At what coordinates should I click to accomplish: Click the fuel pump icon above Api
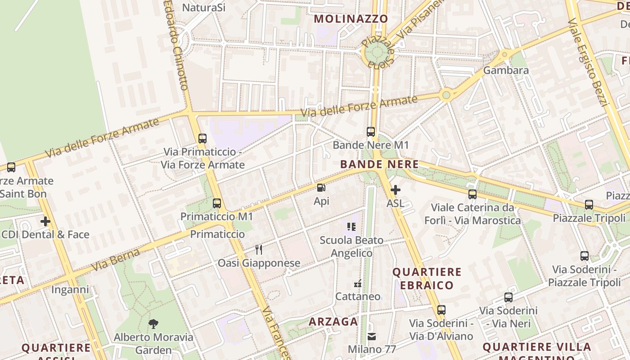321,188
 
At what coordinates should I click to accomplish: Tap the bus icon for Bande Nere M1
371,131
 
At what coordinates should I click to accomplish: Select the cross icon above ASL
396,190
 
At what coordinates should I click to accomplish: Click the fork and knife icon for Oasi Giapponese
259,250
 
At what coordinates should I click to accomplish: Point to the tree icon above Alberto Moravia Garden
153,324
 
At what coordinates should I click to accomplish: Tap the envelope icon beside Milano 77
372,336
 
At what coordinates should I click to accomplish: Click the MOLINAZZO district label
351,19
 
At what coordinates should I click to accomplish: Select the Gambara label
506,71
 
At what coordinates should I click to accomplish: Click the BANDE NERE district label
379,165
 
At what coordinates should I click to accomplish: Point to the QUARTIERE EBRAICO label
427,279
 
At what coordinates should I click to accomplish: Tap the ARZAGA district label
333,322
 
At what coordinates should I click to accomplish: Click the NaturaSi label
204,7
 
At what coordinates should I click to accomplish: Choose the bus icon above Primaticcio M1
217,203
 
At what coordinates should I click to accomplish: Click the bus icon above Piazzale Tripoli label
589,205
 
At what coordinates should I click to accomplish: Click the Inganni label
70,289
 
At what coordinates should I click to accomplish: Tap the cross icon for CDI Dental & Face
45,221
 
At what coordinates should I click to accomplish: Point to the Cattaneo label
358,297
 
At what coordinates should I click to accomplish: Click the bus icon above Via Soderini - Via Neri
508,297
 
